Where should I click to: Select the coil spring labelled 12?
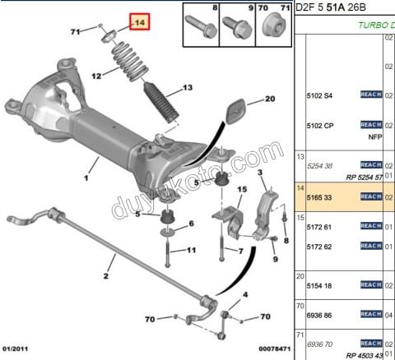click(128, 63)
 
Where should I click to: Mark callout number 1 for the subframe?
click(86, 177)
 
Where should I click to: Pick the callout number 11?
click(191, 251)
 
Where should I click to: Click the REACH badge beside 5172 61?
click(371, 226)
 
